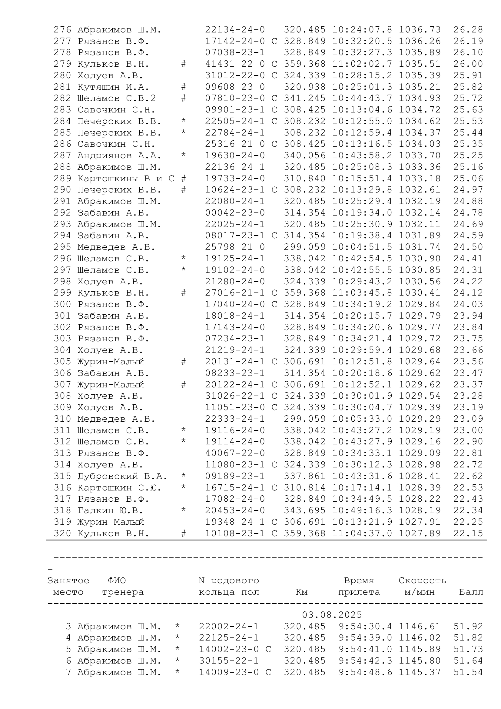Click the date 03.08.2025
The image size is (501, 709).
point(332,615)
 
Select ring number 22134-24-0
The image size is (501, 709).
point(235,30)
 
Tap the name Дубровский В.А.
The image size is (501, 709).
point(122,476)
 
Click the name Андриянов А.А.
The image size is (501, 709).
point(119,156)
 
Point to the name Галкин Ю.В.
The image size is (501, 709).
point(110,510)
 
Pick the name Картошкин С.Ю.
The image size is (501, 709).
point(119,488)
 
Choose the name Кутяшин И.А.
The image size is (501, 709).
point(113,87)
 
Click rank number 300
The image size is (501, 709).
point(62,304)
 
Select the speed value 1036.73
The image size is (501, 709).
point(420,30)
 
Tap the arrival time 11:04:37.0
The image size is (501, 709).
point(362,533)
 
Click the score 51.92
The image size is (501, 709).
point(468,626)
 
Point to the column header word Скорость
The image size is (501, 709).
point(422,580)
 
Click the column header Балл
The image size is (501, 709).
point(471,592)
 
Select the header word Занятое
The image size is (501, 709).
point(68,580)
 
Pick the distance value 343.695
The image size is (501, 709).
point(305,510)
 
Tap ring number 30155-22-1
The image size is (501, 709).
point(229,661)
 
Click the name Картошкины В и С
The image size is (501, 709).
point(126,179)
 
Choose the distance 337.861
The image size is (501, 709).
point(305,476)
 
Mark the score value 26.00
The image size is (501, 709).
point(468,64)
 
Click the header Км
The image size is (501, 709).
point(302,592)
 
